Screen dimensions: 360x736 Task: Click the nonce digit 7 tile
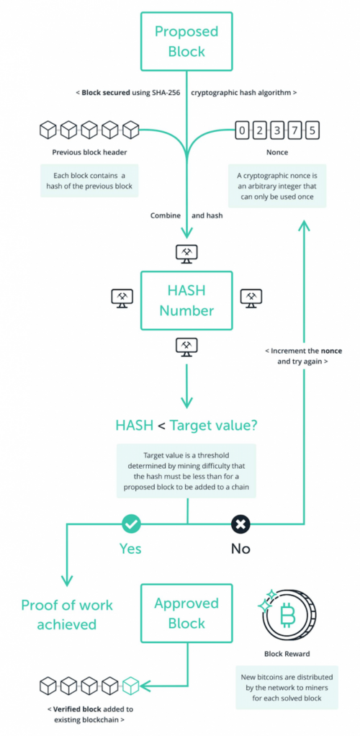point(294,129)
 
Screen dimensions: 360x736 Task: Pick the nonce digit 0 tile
point(242,129)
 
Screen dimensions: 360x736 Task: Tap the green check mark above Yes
point(130,524)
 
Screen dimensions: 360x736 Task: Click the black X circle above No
point(240,524)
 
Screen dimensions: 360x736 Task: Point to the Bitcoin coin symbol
point(288,615)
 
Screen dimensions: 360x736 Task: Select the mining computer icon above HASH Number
point(186,253)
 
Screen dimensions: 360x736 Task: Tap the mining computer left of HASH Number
point(122,297)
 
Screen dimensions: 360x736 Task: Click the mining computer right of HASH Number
point(251,297)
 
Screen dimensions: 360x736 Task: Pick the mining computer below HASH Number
point(186,346)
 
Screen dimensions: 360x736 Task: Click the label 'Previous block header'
point(89,153)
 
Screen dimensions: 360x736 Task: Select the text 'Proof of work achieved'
point(67,614)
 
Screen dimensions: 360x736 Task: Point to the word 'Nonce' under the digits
point(277,153)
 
